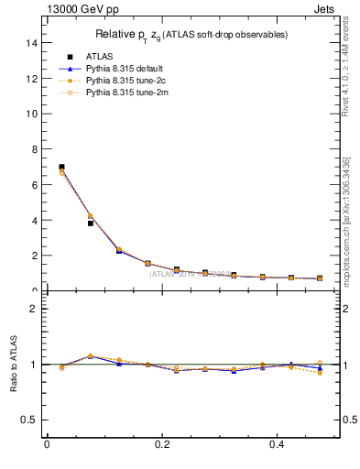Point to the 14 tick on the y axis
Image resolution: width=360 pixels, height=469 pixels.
click(30, 42)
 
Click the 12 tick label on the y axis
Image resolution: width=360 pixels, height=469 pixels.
click(30, 78)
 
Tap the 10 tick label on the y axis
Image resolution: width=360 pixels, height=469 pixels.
click(30, 114)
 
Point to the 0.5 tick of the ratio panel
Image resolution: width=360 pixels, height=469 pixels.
click(28, 420)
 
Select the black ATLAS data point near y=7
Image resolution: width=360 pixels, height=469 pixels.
click(61, 167)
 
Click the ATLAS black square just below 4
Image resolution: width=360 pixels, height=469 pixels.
click(90, 223)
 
